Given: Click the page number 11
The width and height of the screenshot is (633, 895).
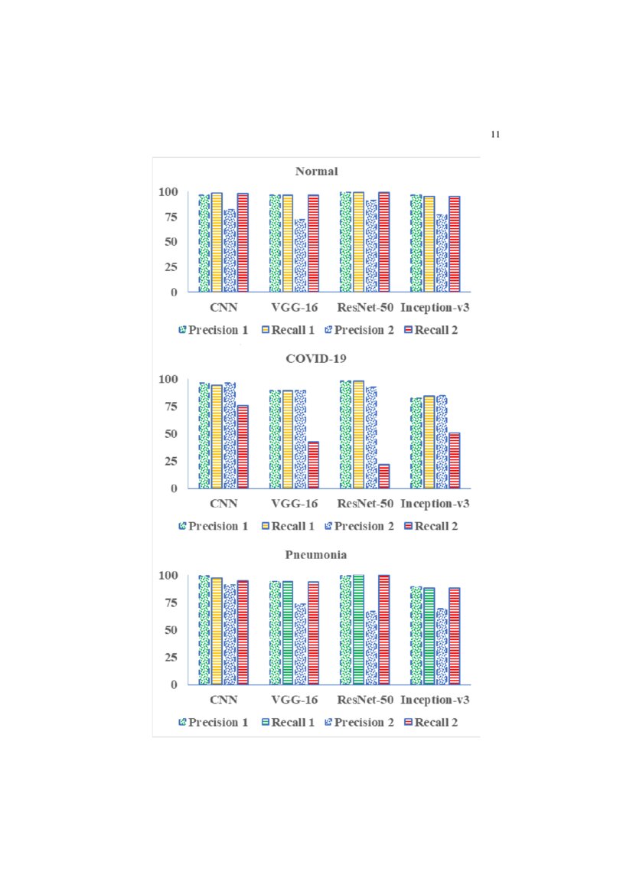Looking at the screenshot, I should pyautogui.click(x=494, y=135).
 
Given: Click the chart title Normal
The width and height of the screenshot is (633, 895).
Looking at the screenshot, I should pyautogui.click(x=316, y=171).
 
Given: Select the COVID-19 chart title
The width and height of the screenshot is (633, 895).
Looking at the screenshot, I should pyautogui.click(x=316, y=358).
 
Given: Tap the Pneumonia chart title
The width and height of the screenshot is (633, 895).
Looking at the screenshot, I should pyautogui.click(x=316, y=554).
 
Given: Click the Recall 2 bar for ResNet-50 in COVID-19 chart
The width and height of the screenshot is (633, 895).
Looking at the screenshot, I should pyautogui.click(x=383, y=476).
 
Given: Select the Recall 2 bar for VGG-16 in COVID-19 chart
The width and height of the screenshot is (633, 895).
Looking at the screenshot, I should pyautogui.click(x=313, y=465).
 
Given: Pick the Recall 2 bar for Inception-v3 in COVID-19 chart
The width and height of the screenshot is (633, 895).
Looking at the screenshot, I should pyautogui.click(x=454, y=460).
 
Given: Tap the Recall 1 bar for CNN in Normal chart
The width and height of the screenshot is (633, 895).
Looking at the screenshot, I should pyautogui.click(x=217, y=242).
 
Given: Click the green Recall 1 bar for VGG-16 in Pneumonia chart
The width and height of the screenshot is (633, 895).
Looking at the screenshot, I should pyautogui.click(x=287, y=632).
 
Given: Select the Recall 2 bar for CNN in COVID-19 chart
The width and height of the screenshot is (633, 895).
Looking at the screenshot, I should pyautogui.click(x=243, y=446).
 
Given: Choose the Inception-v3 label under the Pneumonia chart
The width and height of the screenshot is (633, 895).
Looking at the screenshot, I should pyautogui.click(x=435, y=700).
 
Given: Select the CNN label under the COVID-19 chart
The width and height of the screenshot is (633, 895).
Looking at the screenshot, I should pyautogui.click(x=224, y=504).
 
